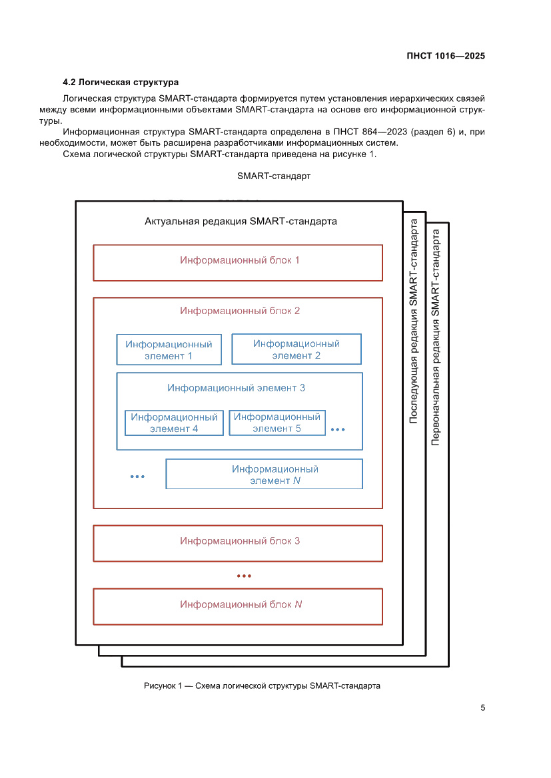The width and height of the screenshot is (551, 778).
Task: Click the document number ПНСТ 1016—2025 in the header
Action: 445,56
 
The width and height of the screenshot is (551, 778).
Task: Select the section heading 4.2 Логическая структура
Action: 120,83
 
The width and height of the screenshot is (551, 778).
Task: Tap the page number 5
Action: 482,707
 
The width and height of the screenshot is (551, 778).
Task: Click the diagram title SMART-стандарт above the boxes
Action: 273,177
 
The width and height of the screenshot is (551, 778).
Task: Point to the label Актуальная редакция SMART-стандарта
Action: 241,222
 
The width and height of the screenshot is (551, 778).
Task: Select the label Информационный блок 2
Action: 240,311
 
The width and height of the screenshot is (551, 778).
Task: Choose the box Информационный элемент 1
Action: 169,350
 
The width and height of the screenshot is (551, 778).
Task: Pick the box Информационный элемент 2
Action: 296,349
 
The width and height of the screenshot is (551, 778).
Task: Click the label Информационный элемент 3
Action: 237,387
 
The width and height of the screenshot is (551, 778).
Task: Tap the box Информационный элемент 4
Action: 174,423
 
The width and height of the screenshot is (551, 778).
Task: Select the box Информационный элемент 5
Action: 277,423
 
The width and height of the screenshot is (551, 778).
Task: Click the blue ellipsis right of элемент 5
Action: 338,430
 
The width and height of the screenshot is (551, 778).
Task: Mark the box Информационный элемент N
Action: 265,475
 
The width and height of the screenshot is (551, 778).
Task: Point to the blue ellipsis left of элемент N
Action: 138,477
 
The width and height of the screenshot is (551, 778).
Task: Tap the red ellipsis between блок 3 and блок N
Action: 245,576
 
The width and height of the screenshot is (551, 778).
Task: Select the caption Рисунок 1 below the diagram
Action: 262,686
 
